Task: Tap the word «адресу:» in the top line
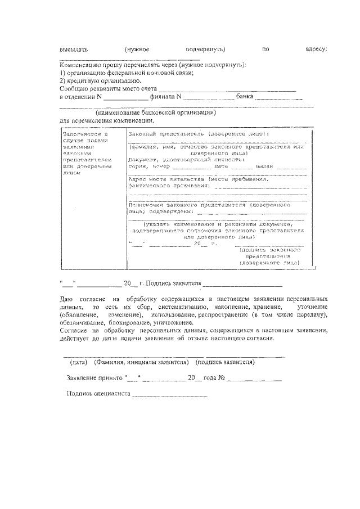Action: click(x=316, y=49)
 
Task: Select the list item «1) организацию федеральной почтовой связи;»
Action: click(x=127, y=74)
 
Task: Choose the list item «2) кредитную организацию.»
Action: click(x=101, y=81)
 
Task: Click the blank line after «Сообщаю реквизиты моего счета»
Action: click(x=227, y=90)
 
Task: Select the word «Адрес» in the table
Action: click(x=138, y=179)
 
